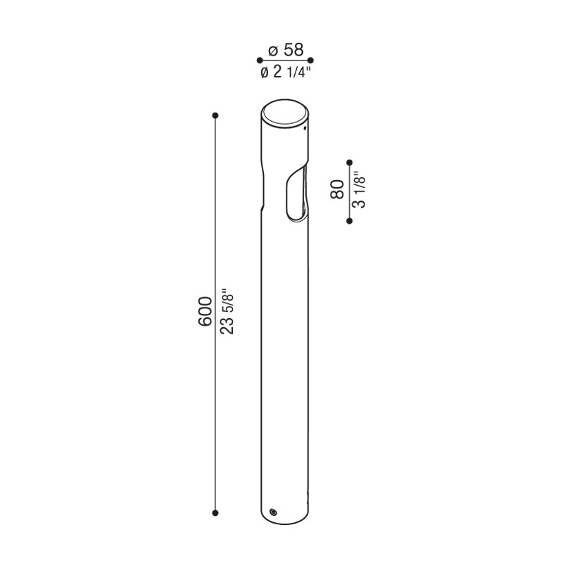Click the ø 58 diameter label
pyautogui.click(x=286, y=50)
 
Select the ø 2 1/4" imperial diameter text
pyautogui.click(x=286, y=72)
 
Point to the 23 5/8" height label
pyautogui.click(x=226, y=310)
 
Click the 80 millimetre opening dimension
pyautogui.click(x=337, y=189)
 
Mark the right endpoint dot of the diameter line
pyautogui.click(x=311, y=61)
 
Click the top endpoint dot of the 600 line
pyautogui.click(x=215, y=115)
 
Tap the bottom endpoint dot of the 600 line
pyautogui.click(x=215, y=512)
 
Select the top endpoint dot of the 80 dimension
pyautogui.click(x=349, y=161)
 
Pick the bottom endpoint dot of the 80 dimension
pyautogui.click(x=349, y=221)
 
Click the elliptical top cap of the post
pyautogui.click(x=284, y=114)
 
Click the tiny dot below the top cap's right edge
pyautogui.click(x=305, y=129)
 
